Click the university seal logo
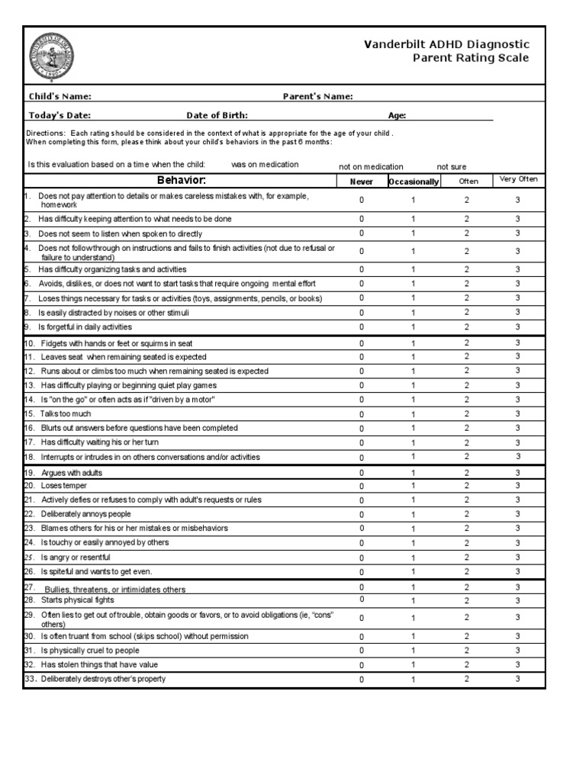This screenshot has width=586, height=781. (52, 56)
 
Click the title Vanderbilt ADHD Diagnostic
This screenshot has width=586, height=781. (446, 45)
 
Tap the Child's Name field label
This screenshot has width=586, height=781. (60, 96)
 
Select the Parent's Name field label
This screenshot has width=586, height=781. (317, 96)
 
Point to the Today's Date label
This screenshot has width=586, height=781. (60, 115)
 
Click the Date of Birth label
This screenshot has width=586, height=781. (217, 115)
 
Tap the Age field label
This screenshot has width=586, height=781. (397, 115)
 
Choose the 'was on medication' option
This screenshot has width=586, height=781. (265, 164)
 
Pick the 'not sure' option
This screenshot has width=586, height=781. (451, 166)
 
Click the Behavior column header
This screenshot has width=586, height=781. (181, 181)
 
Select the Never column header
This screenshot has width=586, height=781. (362, 182)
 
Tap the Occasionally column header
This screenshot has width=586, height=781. (414, 182)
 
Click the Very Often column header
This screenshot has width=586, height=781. (518, 179)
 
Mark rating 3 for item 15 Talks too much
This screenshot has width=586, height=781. (517, 413)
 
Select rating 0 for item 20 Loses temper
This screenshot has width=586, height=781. (362, 486)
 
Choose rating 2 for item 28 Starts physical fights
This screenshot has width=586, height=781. (467, 600)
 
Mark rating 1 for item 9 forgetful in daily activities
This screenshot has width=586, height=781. (414, 327)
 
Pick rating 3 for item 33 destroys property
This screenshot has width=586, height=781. (517, 679)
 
